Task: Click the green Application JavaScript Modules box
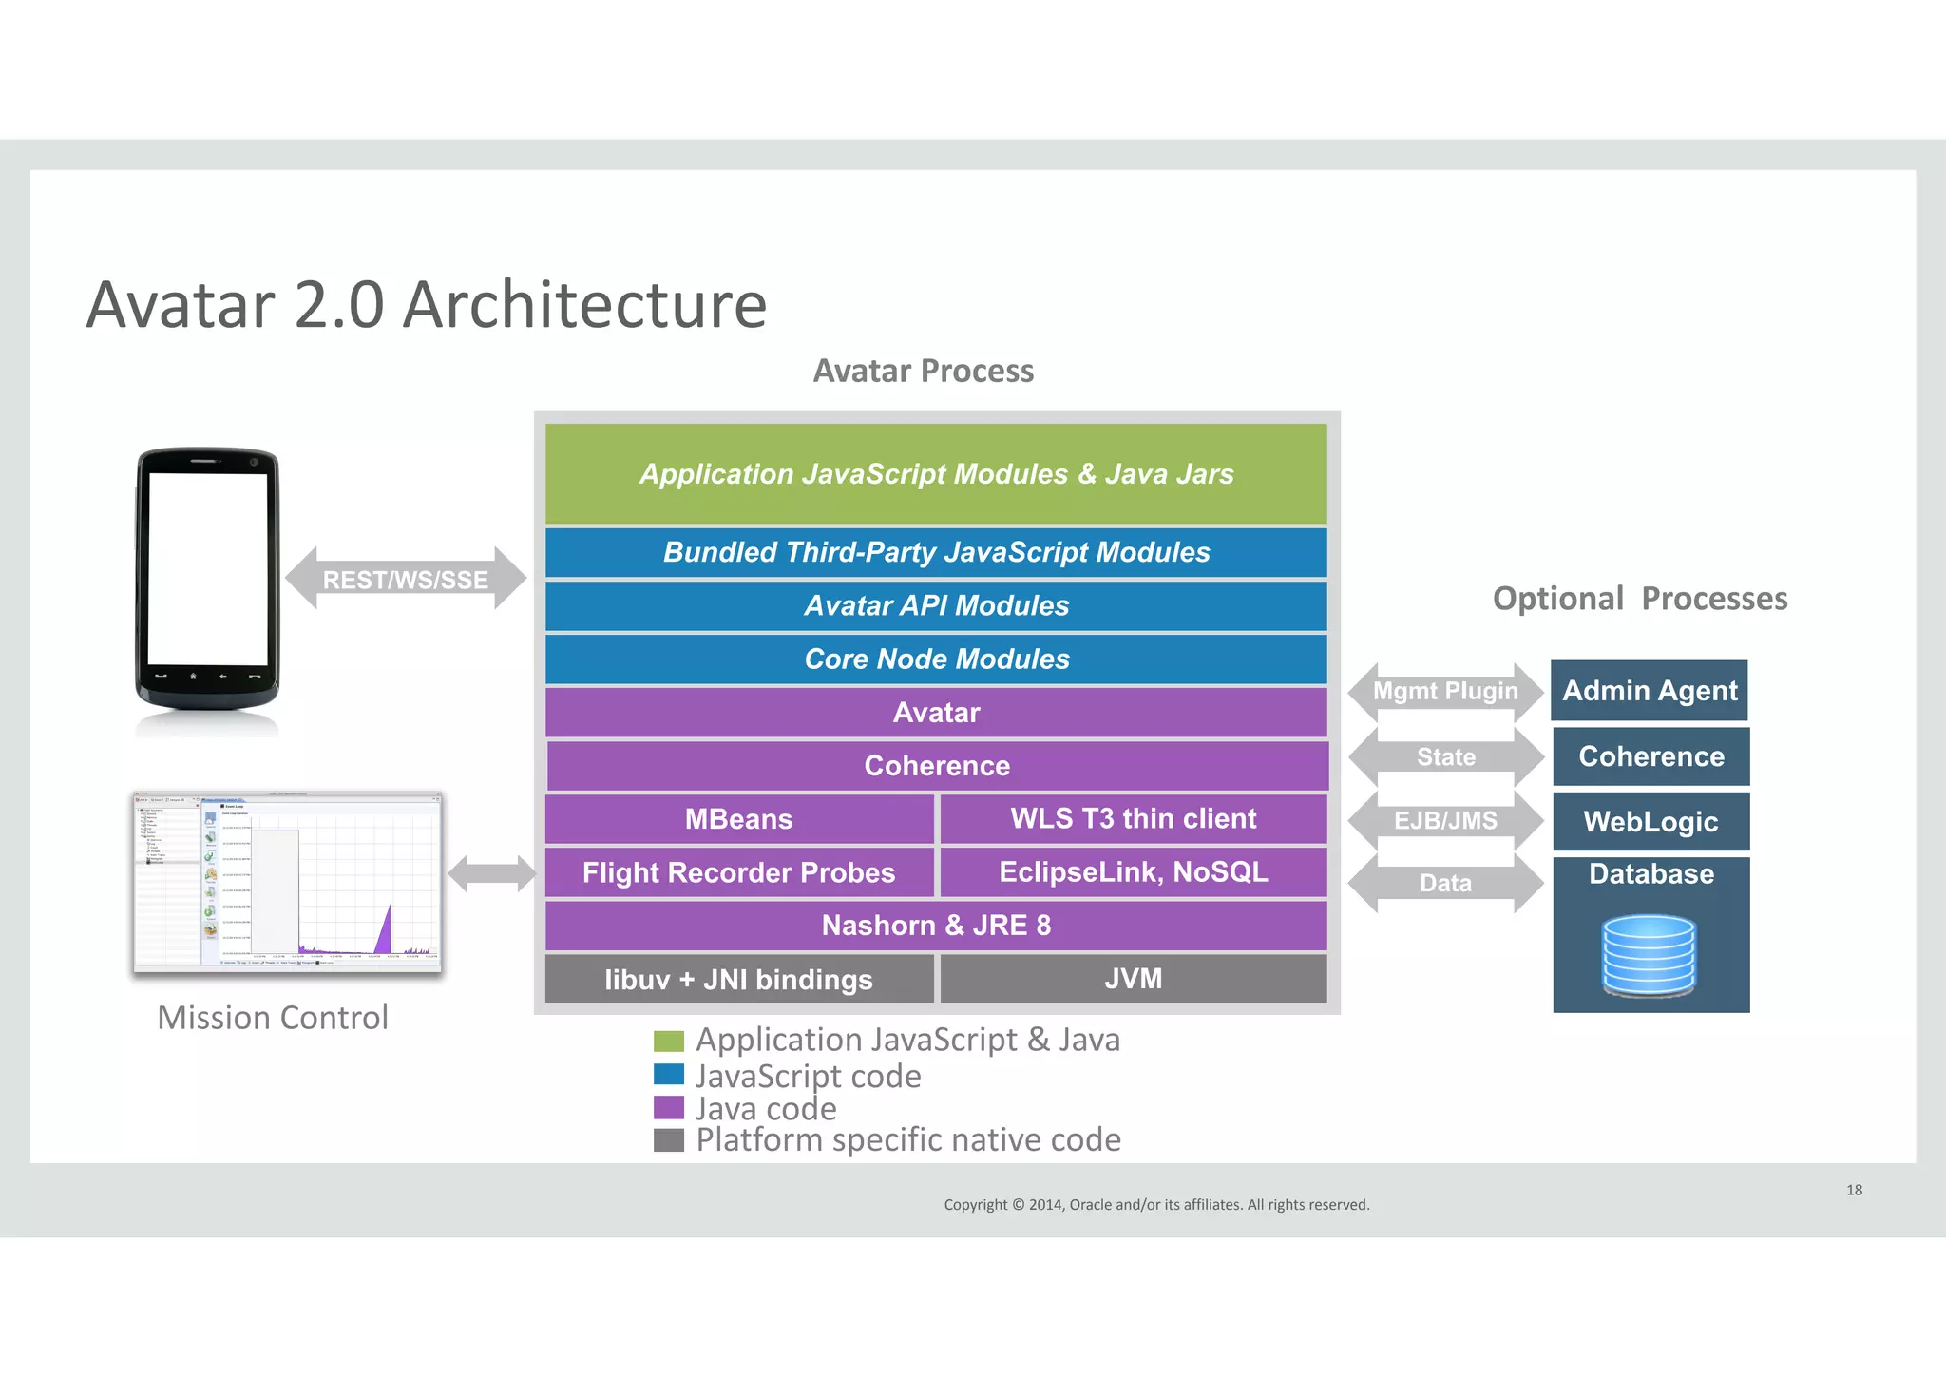(936, 473)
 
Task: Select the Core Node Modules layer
(936, 659)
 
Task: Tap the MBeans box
(738, 819)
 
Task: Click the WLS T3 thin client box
(1133, 819)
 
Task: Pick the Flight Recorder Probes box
(738, 872)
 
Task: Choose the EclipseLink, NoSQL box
(1133, 872)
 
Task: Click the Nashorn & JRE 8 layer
(936, 926)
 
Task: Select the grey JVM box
(1133, 979)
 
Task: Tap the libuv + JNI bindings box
(738, 979)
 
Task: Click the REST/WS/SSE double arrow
(406, 579)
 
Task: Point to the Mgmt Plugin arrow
(1445, 691)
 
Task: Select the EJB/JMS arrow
(1445, 820)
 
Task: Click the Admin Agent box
(1650, 691)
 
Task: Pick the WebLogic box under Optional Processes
(1650, 821)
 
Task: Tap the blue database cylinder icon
(1649, 955)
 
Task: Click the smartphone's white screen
(208, 568)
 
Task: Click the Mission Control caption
(273, 1018)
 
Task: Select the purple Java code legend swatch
(669, 1108)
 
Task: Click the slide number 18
(1854, 1190)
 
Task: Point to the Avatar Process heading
(923, 371)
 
